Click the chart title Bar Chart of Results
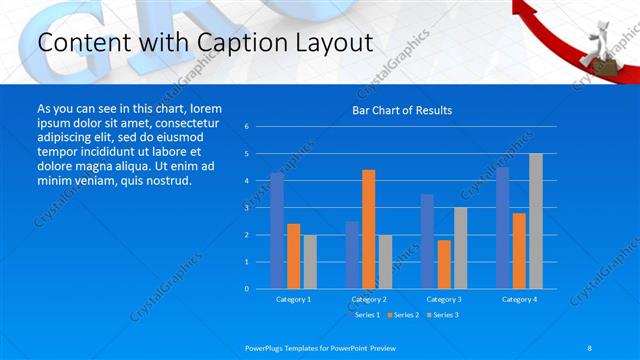click(401, 110)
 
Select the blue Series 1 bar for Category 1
click(277, 231)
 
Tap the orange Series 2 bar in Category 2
click(368, 229)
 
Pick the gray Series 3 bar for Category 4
click(536, 221)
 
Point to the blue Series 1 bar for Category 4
click(502, 228)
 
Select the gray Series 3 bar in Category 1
click(310, 261)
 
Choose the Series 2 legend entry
click(402, 315)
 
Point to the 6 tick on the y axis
click(247, 127)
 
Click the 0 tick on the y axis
click(247, 289)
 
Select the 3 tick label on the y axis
click(247, 208)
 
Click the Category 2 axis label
click(368, 299)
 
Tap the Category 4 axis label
click(519, 299)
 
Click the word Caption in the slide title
click(231, 43)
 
